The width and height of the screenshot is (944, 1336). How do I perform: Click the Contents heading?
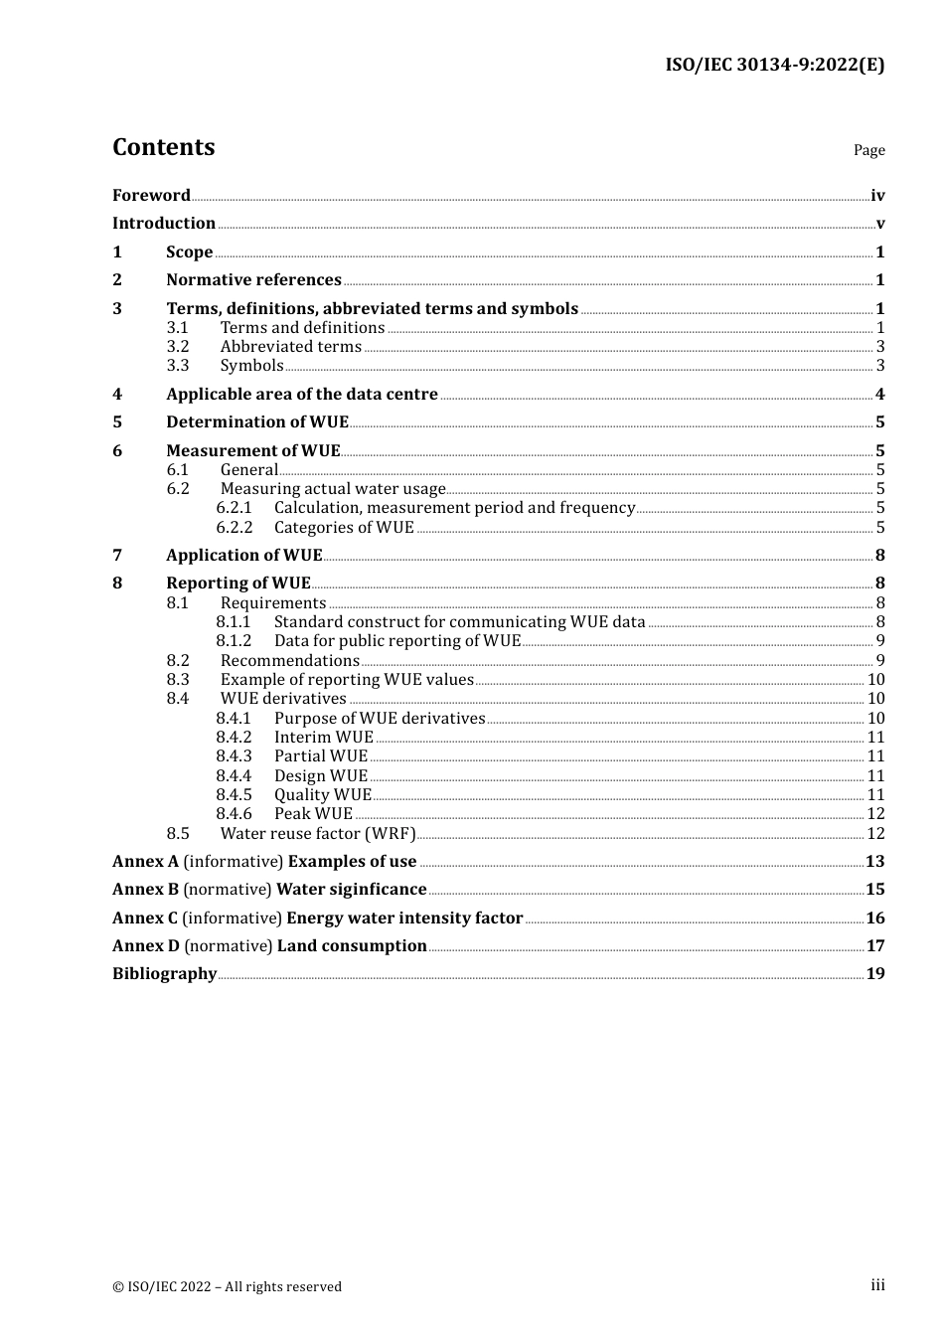[x=163, y=147]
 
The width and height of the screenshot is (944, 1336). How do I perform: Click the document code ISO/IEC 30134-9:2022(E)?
[x=774, y=65]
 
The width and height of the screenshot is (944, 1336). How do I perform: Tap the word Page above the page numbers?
[x=868, y=150]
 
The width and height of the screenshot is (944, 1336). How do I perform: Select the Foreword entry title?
[x=151, y=195]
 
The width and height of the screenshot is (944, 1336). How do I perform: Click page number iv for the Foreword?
[x=877, y=196]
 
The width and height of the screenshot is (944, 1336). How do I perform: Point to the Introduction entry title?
[x=164, y=223]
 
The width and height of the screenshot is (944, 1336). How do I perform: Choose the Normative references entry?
[x=253, y=280]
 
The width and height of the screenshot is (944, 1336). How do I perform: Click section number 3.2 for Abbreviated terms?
[x=178, y=347]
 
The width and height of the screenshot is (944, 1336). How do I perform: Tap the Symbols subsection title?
[x=251, y=366]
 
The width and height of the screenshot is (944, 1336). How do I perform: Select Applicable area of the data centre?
[x=302, y=394]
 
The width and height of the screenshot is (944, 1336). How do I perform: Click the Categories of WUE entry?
[x=344, y=527]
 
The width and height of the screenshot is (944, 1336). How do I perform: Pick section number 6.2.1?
[x=235, y=508]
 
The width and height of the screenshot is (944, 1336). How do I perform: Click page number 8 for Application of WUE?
[x=879, y=555]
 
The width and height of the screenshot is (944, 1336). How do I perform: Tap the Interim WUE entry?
[x=324, y=738]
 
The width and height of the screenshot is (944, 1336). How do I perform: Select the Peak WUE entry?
[x=313, y=814]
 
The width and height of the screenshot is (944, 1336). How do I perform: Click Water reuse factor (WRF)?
[x=318, y=834]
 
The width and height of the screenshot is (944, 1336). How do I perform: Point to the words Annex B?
[x=145, y=890]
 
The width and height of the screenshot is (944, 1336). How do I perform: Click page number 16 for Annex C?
[x=874, y=918]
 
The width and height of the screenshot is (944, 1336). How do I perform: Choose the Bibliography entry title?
[x=164, y=974]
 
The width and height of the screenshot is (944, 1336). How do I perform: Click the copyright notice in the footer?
[x=227, y=1286]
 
